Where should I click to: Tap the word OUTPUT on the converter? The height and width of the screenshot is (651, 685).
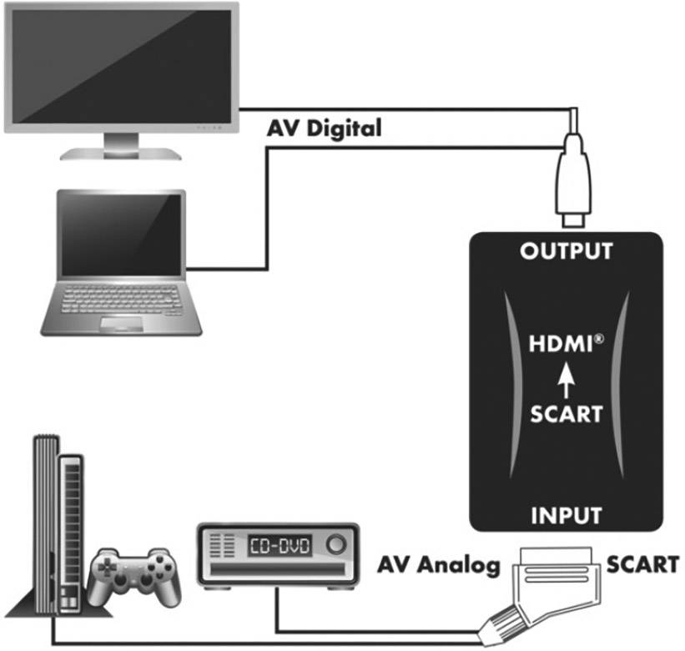[567, 251]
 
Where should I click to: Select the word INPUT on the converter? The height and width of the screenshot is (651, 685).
[567, 514]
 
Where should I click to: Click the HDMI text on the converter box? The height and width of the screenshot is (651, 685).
[565, 343]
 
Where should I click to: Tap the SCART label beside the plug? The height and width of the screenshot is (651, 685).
[642, 565]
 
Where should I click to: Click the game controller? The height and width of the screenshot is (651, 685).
[133, 577]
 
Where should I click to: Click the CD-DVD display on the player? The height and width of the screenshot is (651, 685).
[279, 547]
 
